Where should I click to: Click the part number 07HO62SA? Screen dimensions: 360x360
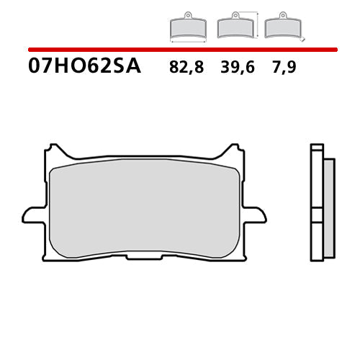tap(85, 67)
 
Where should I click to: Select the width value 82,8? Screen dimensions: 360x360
tap(186, 68)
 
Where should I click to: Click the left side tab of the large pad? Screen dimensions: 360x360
tap(33, 215)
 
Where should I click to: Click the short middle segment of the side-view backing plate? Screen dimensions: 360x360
tap(315, 214)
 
